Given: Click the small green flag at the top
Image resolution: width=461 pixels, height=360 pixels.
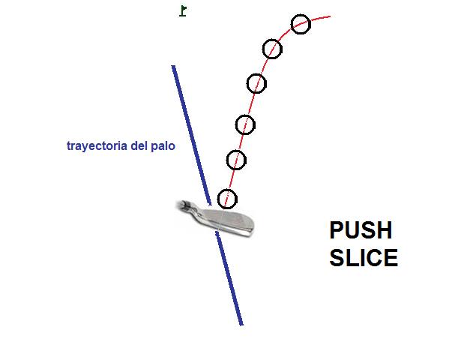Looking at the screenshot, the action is click(183, 10).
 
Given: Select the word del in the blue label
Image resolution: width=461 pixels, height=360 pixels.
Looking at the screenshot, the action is click(141, 147).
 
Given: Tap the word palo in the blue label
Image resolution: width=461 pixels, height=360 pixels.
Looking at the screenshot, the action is click(164, 147).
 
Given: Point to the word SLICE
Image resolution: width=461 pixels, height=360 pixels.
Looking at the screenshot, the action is click(364, 258).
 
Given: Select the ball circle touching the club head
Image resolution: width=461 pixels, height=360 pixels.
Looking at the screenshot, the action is click(227, 199).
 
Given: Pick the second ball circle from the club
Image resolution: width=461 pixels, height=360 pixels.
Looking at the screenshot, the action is click(236, 159).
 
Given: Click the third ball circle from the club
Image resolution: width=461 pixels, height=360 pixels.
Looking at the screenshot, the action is click(245, 124).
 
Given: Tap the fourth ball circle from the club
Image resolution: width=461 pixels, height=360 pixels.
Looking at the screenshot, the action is click(256, 82).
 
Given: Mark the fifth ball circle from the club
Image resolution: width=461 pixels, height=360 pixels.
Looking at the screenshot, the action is click(272, 49).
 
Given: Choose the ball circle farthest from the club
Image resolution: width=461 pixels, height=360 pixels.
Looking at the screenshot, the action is click(301, 24).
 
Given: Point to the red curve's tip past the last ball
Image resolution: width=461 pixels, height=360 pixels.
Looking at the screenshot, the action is click(328, 16).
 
